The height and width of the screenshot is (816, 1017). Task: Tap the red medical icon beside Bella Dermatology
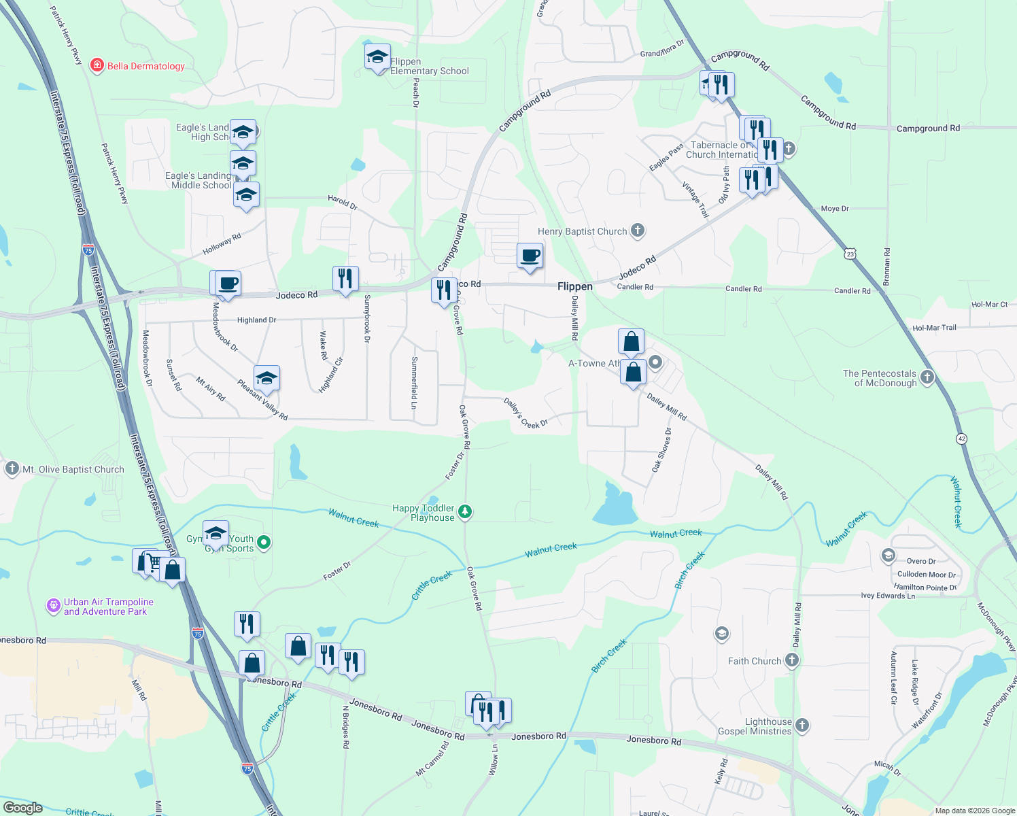coord(97,65)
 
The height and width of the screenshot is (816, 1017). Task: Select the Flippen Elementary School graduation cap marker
coord(377,58)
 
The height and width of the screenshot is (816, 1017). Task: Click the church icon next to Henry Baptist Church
coord(638,231)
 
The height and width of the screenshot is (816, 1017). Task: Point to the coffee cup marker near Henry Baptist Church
coord(530,256)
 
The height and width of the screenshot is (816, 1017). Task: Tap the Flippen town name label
coord(575,286)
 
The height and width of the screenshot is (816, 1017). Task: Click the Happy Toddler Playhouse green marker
coord(465,511)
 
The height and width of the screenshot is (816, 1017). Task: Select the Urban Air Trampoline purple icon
coord(54,605)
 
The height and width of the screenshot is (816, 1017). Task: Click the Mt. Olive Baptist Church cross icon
coord(12,469)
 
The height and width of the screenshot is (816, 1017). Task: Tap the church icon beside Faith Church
coord(791,660)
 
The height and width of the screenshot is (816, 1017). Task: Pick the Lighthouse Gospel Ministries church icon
coord(802,725)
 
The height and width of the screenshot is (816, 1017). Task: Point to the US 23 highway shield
coord(850,254)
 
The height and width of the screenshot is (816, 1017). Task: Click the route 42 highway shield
coord(961,439)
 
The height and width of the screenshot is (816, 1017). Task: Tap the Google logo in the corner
coord(22,807)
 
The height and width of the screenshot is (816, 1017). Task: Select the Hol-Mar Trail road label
coord(934,328)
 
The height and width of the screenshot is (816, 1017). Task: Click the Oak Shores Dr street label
coord(661,450)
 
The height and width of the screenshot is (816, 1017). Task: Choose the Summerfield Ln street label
coord(414,383)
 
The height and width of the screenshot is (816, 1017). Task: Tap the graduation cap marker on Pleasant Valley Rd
coord(266,379)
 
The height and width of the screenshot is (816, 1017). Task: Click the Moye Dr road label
coord(835,209)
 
